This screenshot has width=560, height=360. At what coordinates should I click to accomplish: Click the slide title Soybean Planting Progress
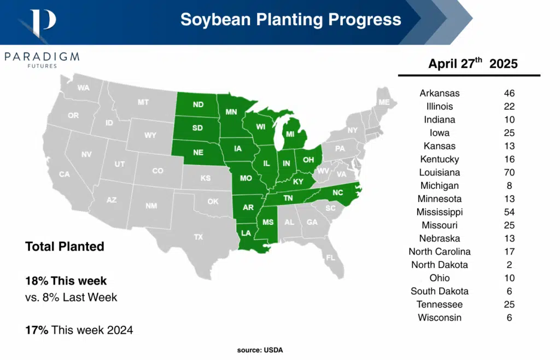coord(290,20)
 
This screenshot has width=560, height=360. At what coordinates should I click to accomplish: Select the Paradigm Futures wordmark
coord(42,59)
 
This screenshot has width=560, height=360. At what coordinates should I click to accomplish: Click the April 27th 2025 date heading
coord(472,63)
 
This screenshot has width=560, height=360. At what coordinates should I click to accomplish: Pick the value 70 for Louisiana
coord(509,172)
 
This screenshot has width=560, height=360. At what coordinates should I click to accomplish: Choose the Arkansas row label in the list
coord(440,93)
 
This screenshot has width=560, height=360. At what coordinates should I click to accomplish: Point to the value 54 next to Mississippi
coord(509,212)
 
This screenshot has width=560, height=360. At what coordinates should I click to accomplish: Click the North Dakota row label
coord(440,265)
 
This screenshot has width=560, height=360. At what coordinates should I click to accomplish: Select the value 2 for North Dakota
coord(509,265)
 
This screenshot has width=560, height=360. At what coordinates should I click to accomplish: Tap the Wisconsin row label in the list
coord(440,317)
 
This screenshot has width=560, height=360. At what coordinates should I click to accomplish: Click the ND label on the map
coord(199,104)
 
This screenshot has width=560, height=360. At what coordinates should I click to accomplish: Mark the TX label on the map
coord(198,237)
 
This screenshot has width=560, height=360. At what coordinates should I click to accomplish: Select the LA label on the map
coord(247,233)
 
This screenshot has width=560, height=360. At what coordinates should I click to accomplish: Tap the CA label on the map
coord(65,174)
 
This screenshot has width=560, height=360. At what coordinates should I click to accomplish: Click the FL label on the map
coord(330,257)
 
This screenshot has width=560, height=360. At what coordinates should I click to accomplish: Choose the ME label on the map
coord(384,102)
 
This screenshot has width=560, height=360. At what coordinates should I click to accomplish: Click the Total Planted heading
coord(65,247)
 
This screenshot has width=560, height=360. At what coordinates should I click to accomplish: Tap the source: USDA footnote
coord(260,350)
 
